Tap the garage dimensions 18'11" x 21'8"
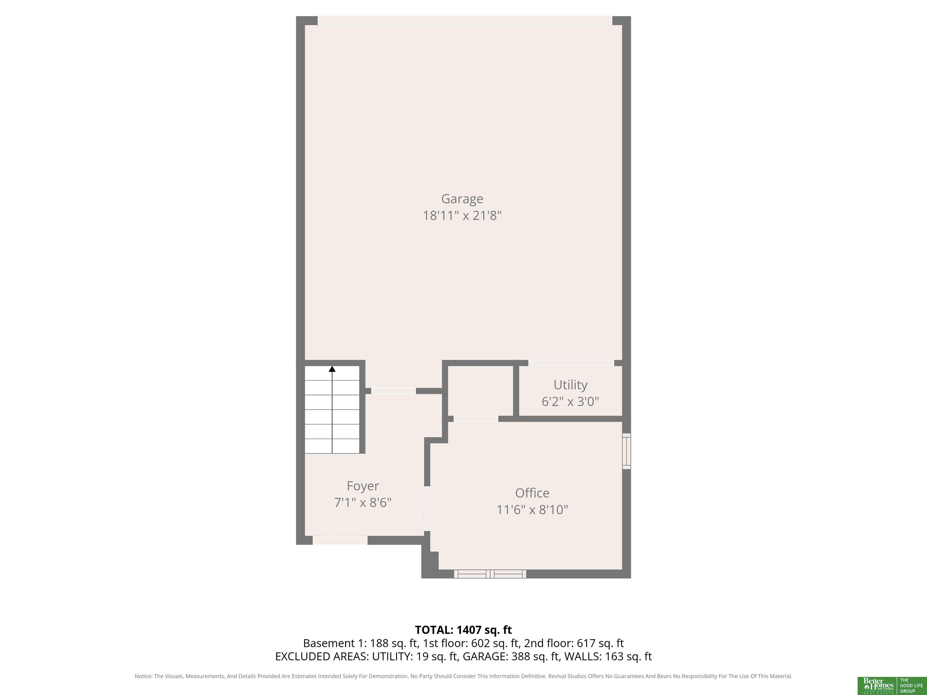pos(462,215)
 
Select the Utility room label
pos(570,385)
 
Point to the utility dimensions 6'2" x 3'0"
pos(570,401)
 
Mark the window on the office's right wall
pos(626,451)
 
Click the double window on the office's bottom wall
pos(490,574)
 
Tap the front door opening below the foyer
pos(340,541)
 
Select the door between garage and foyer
pos(393,391)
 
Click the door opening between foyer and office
pos(427,509)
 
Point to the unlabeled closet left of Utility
pos(481,390)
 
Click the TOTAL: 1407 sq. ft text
pos(463,630)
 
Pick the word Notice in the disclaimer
pos(143,676)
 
